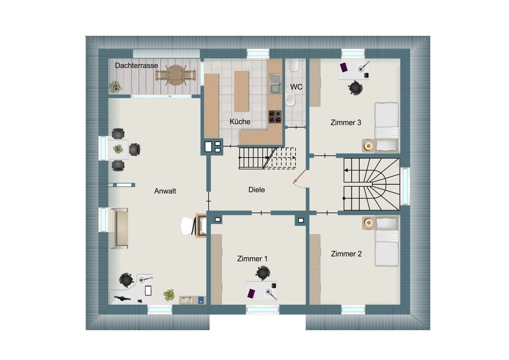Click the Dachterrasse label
pyautogui.click(x=136, y=65)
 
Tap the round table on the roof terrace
pyautogui.click(x=176, y=75)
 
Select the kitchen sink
pyautogui.click(x=275, y=84)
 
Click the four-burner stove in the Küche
pyautogui.click(x=275, y=117)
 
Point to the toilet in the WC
pyautogui.click(x=294, y=65)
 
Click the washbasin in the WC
pyautogui.click(x=291, y=100)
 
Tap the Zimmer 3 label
pyautogui.click(x=346, y=123)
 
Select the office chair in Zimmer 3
pyautogui.click(x=355, y=87)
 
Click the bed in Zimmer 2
pyautogui.click(x=386, y=241)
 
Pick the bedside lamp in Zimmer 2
pyautogui.click(x=369, y=222)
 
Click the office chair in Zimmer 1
pyautogui.click(x=263, y=273)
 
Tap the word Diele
pyautogui.click(x=257, y=190)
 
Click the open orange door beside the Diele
pyautogui.click(x=299, y=177)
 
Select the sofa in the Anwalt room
pyautogui.click(x=119, y=228)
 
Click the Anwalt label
pyautogui.click(x=165, y=191)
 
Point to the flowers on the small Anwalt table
pyautogui.click(x=118, y=149)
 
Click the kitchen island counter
pyautogui.click(x=241, y=91)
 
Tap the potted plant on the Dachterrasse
pyautogui.click(x=115, y=87)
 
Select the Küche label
pyautogui.click(x=240, y=122)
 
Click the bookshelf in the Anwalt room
pyautogui.click(x=193, y=300)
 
